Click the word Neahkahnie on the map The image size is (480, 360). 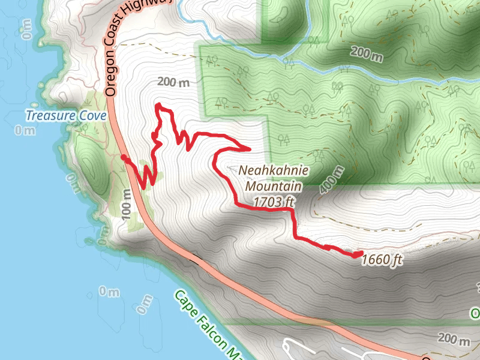point(274,171)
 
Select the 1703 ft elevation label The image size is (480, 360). point(274,202)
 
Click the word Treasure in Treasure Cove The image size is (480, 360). point(50,115)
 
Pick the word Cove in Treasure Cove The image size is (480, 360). point(93,115)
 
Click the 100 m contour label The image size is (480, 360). point(127,204)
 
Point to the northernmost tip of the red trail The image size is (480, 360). point(158,105)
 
